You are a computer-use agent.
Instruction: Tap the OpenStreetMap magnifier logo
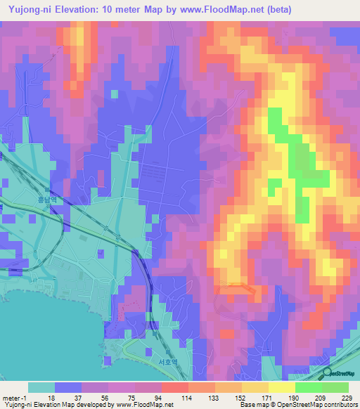328,374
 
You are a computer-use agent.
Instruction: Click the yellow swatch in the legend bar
282,387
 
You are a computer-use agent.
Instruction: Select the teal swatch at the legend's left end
41,387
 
